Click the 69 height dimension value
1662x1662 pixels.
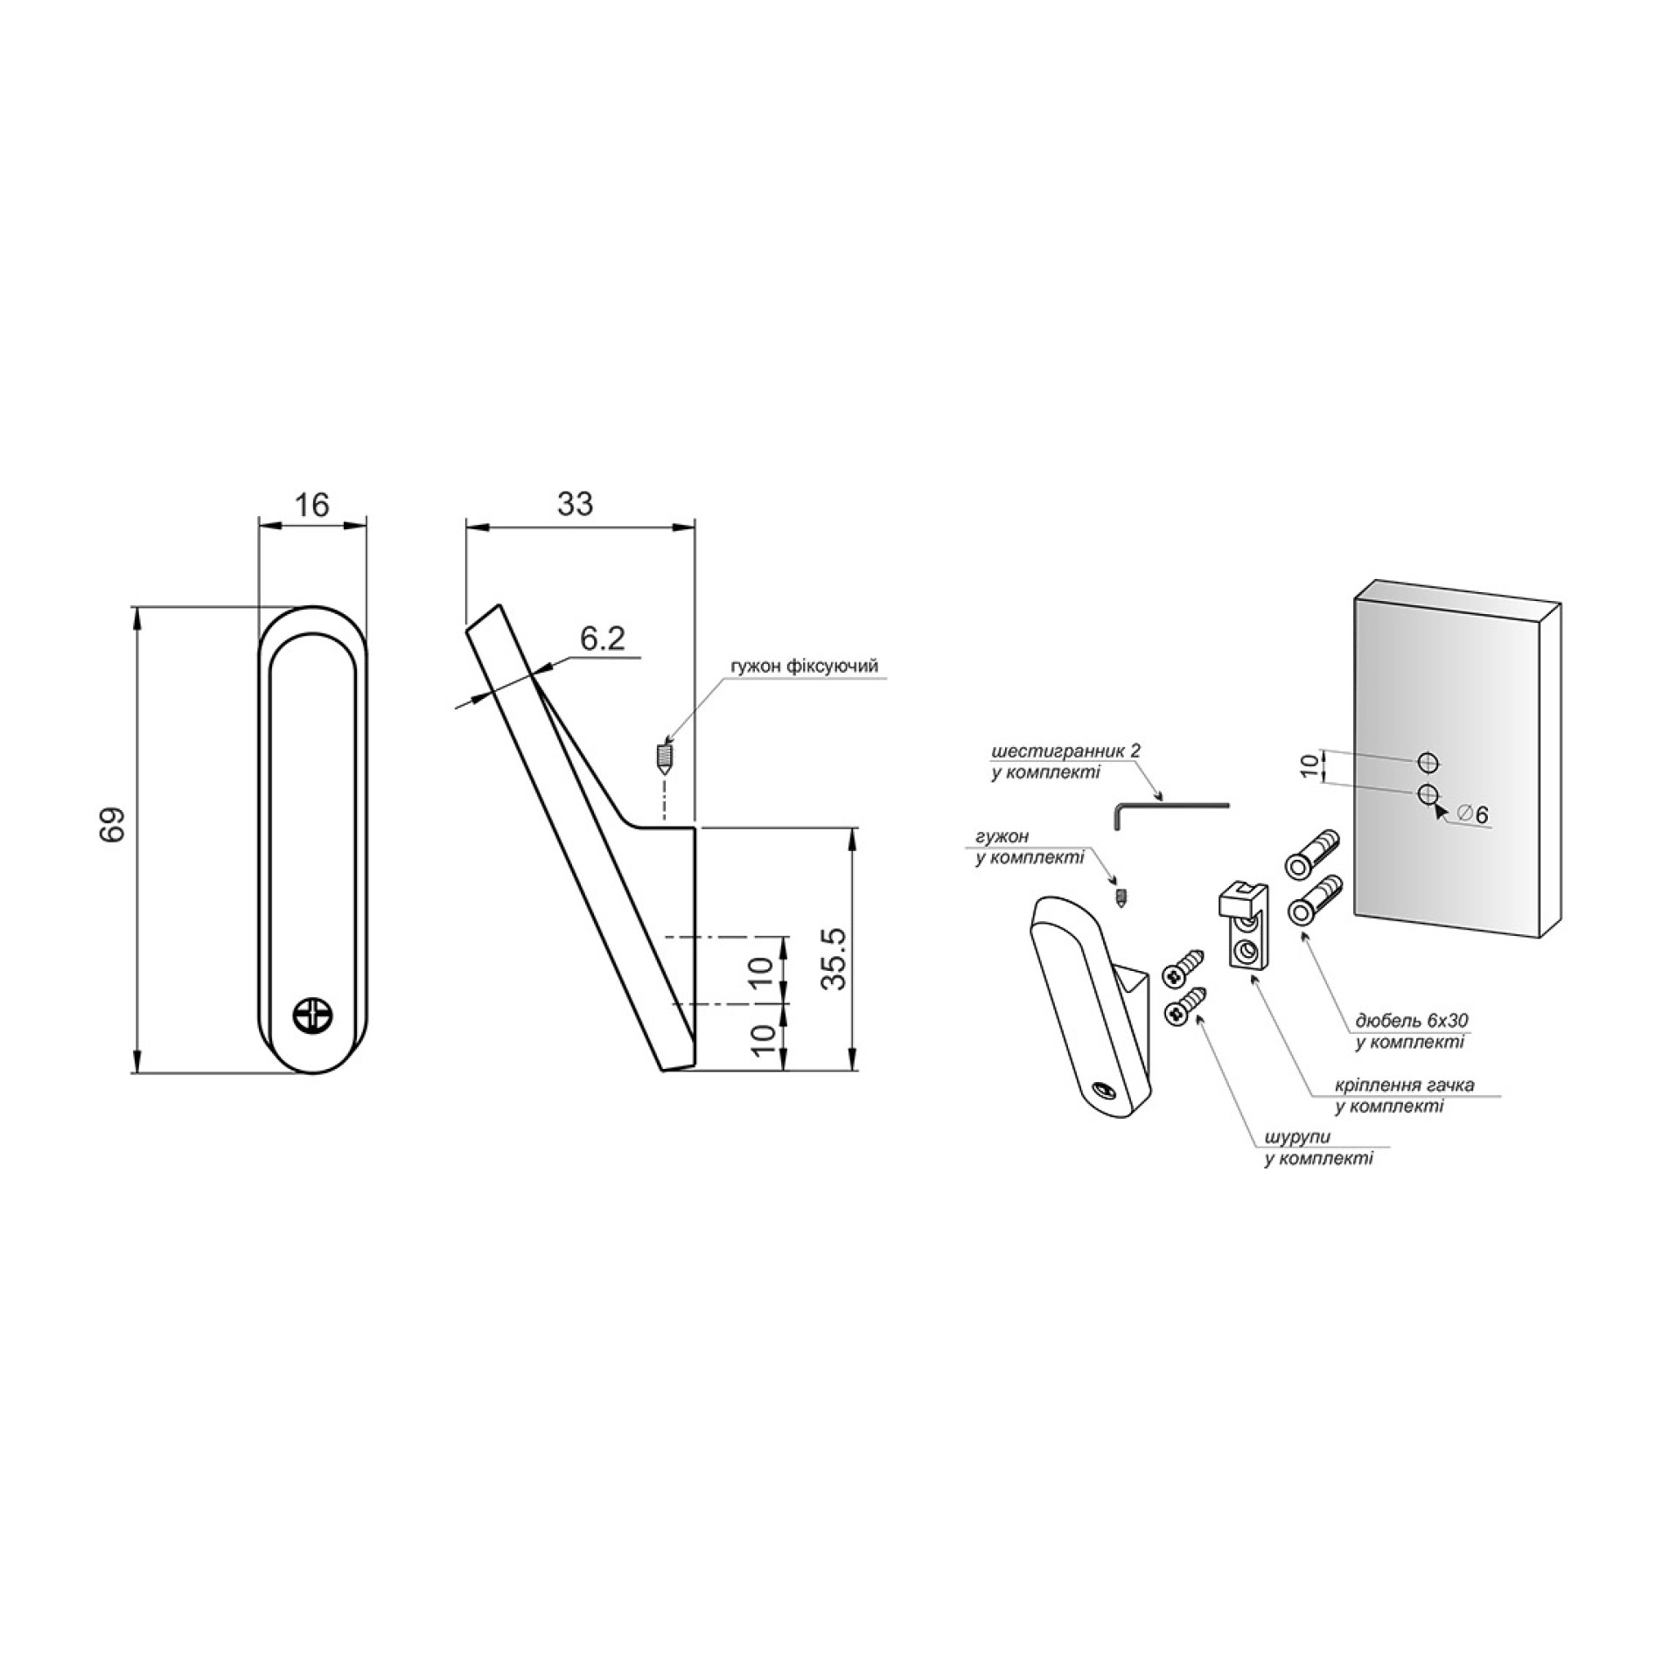tap(113, 823)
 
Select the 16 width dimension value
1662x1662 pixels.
tap(311, 505)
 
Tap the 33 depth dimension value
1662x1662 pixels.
tap(575, 504)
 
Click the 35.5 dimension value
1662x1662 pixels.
tap(835, 959)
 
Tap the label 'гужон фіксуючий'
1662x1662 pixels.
tap(804, 667)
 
